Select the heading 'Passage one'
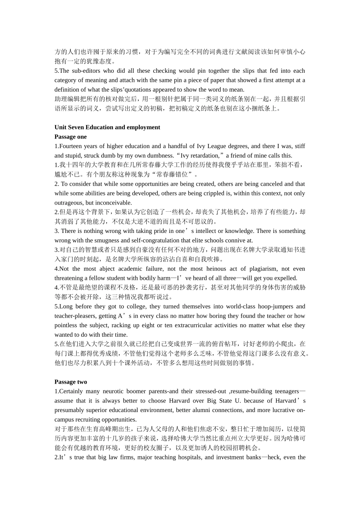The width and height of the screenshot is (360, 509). [x=70, y=137]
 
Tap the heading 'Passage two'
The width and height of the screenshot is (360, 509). [x=70, y=382]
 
